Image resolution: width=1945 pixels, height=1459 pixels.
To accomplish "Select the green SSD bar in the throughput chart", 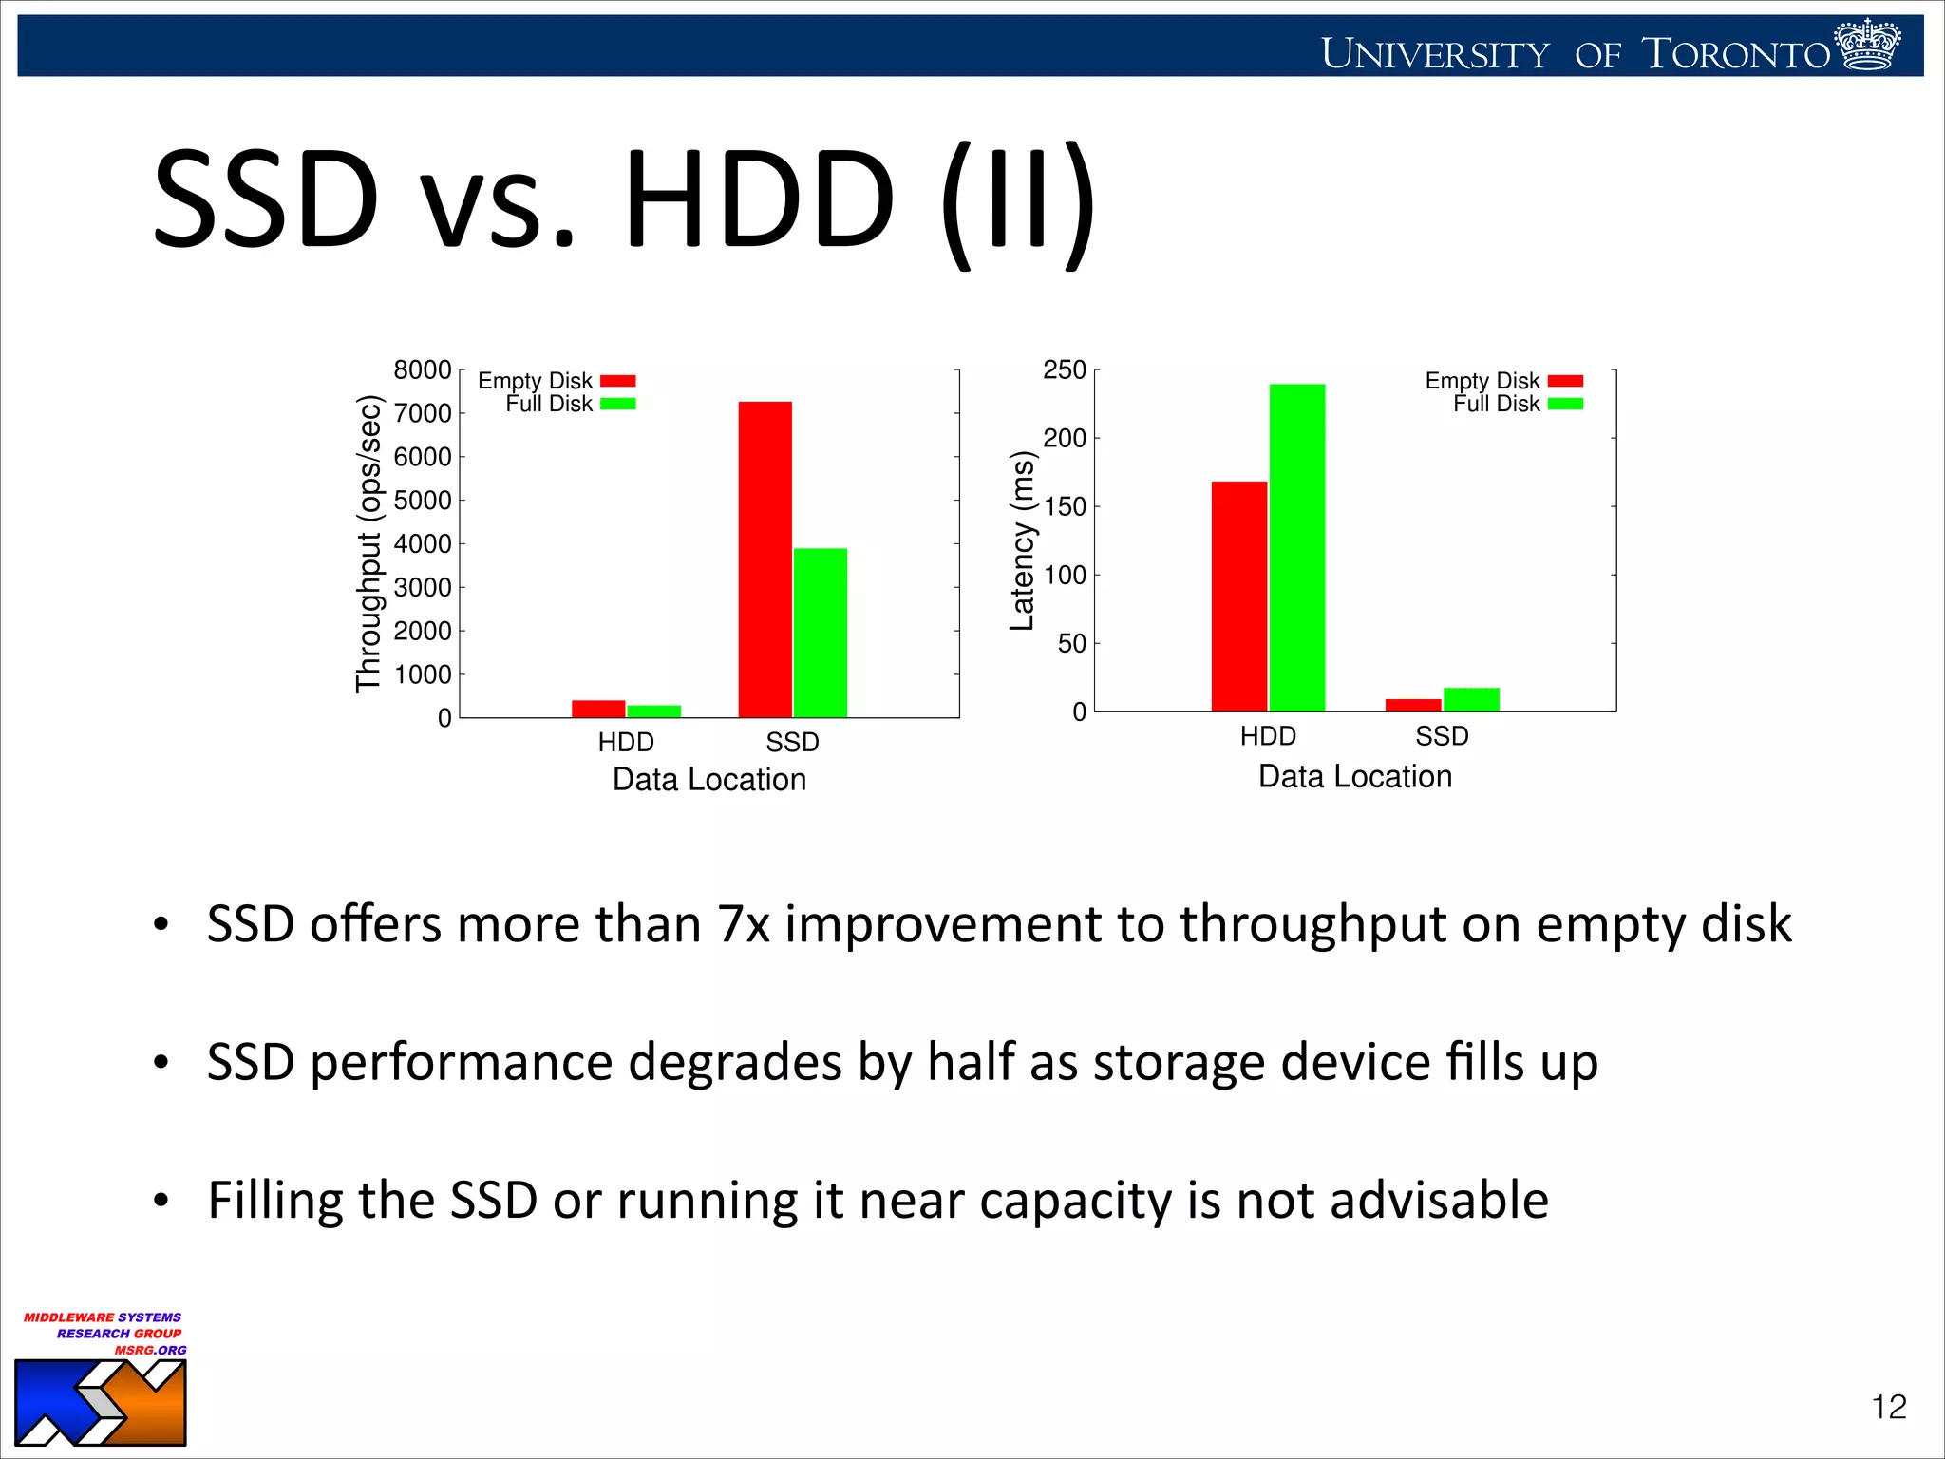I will [x=820, y=633].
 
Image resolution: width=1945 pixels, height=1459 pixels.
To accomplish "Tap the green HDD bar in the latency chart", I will [x=1296, y=547].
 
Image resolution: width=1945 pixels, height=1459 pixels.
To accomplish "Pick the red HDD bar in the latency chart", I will [x=1238, y=596].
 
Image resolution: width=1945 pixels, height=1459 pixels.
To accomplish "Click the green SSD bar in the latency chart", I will [x=1471, y=699].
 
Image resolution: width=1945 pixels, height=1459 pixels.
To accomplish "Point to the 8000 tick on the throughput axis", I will [x=423, y=369].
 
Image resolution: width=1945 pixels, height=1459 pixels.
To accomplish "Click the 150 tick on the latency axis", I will [x=1065, y=506].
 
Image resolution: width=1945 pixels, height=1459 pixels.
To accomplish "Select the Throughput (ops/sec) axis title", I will [x=368, y=543].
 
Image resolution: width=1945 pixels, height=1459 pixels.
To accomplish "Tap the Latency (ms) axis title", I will [x=1022, y=540].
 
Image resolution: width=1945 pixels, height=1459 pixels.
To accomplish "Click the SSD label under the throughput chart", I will [x=792, y=742].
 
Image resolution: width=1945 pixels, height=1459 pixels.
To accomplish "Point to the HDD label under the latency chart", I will [x=1268, y=736].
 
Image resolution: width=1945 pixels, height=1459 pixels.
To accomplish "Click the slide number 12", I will [x=1888, y=1407].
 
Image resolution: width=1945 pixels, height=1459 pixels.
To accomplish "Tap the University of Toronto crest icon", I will [x=1867, y=46].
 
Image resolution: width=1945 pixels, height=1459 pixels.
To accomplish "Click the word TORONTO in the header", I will [x=1736, y=54].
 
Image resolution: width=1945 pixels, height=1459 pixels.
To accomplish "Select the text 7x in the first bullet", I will [x=743, y=924].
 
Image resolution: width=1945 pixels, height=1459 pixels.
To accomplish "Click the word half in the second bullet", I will [x=971, y=1062].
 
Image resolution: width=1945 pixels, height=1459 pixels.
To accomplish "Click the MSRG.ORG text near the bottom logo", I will [x=150, y=1350].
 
